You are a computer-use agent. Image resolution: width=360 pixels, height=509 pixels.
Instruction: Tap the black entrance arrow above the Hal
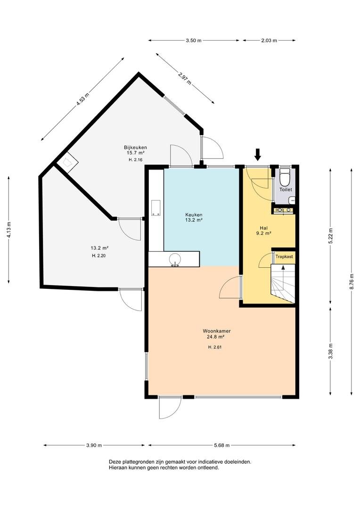pyautogui.click(x=258, y=155)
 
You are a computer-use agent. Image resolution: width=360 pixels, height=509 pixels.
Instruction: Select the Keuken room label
pyautogui.click(x=194, y=214)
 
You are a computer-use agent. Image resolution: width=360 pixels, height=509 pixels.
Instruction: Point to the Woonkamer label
pyautogui.click(x=217, y=331)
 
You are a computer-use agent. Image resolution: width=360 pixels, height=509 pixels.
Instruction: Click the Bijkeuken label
pyautogui.click(x=135, y=147)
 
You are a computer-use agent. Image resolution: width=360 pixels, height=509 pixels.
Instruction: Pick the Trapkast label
pyautogui.click(x=284, y=256)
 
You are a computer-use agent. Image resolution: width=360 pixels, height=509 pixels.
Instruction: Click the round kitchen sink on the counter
pyautogui.click(x=175, y=259)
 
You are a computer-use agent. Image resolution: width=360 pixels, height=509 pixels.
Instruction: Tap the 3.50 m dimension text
pyautogui.click(x=194, y=41)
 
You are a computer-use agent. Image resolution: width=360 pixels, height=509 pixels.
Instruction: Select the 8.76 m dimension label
pyautogui.click(x=352, y=282)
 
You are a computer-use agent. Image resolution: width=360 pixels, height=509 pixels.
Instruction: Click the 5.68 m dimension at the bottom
pyautogui.click(x=222, y=445)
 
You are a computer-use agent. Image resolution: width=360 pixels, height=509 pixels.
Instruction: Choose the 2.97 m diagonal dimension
pyautogui.click(x=185, y=78)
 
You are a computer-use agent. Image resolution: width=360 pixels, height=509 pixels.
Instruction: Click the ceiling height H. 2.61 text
pyautogui.click(x=215, y=347)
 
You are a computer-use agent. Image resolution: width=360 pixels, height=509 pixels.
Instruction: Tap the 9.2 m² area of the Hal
pyautogui.click(x=263, y=233)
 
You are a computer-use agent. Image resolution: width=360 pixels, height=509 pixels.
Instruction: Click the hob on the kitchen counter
pyautogui.click(x=156, y=208)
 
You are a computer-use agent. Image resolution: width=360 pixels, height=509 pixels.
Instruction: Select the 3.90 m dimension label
pyautogui.click(x=94, y=445)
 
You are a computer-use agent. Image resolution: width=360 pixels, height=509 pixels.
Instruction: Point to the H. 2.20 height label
pyautogui.click(x=99, y=255)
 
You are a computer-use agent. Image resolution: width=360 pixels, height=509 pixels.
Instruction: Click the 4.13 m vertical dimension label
pyautogui.click(x=9, y=230)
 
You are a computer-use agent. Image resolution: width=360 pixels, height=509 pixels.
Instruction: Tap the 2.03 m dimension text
pyautogui.click(x=269, y=41)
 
